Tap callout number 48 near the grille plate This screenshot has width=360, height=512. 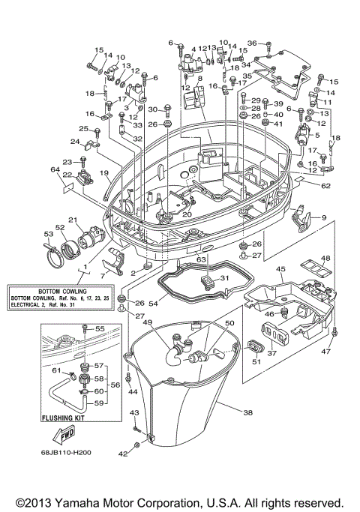point(325,259)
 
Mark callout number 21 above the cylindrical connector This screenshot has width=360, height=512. point(73,219)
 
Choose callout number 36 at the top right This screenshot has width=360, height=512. point(251,43)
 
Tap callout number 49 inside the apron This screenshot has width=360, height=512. point(148,322)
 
